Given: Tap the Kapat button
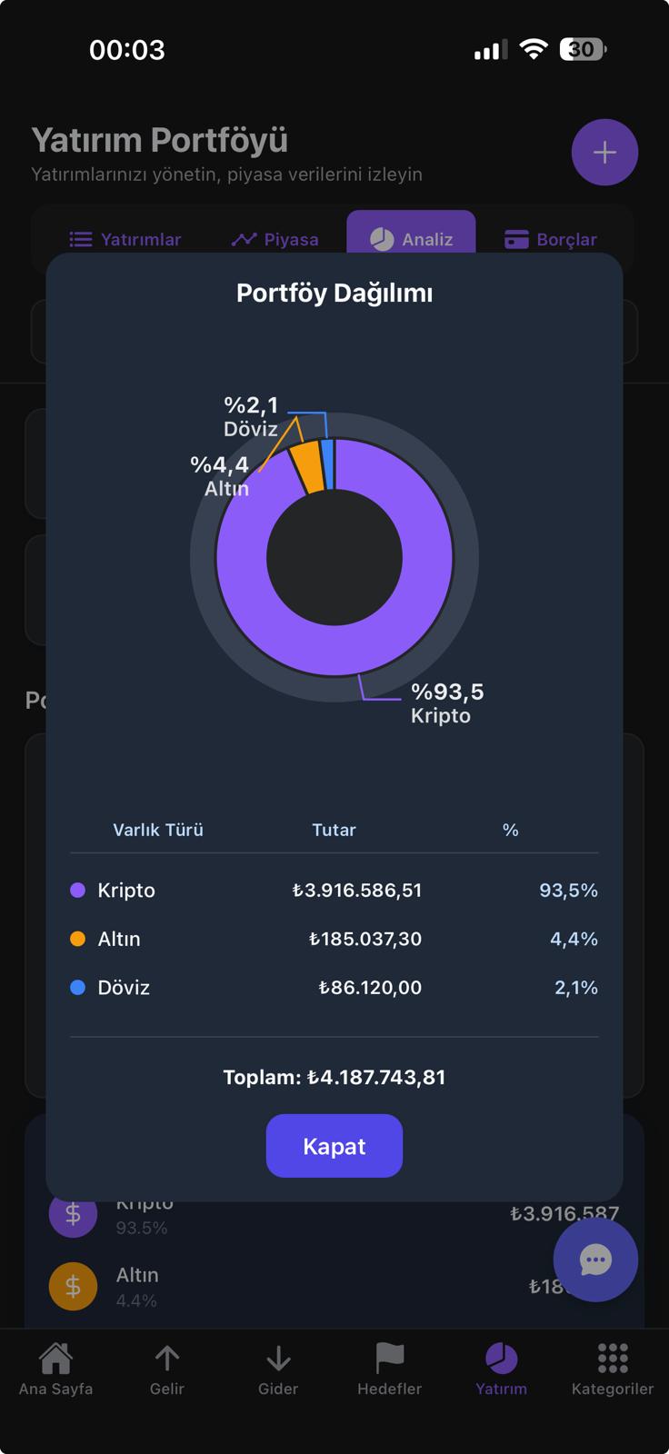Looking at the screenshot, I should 334,1146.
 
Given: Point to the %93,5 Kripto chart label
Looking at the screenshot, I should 446,703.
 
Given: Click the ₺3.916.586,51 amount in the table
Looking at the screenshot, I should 357,891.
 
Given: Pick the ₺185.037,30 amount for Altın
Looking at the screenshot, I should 365,939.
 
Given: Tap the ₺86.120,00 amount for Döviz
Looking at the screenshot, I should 370,988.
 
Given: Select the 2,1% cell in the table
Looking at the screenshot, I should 576,988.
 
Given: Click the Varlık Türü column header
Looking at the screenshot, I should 158,830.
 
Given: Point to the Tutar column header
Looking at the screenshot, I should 334,830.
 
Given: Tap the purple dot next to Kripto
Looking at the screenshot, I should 78,891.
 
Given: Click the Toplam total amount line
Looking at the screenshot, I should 334,1078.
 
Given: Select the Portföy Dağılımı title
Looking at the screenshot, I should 334,293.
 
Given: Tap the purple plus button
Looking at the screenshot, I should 604,152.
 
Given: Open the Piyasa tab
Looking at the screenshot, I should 275,239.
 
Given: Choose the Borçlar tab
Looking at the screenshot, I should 551,239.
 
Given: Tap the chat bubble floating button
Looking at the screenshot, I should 595,1260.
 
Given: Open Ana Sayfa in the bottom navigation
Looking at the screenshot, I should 55,1369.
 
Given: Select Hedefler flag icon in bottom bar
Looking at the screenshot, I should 389,1359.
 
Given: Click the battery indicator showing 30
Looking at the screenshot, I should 583,49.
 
